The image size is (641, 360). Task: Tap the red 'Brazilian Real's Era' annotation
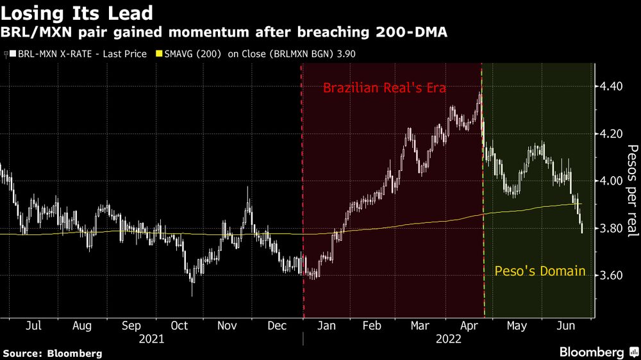click(x=384, y=88)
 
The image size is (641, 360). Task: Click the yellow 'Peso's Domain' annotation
click(x=540, y=271)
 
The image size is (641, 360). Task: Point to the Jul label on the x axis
click(x=33, y=326)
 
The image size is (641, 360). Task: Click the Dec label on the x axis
click(x=277, y=326)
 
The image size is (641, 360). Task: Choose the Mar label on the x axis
click(x=420, y=326)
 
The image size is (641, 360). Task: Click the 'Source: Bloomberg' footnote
click(x=53, y=353)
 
